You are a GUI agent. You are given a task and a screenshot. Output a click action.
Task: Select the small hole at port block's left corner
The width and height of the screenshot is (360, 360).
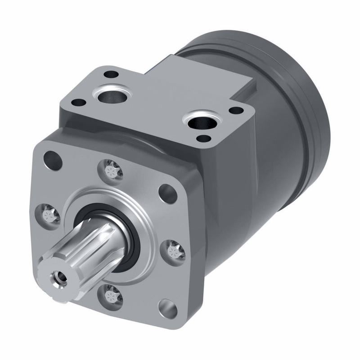click(78, 102)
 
